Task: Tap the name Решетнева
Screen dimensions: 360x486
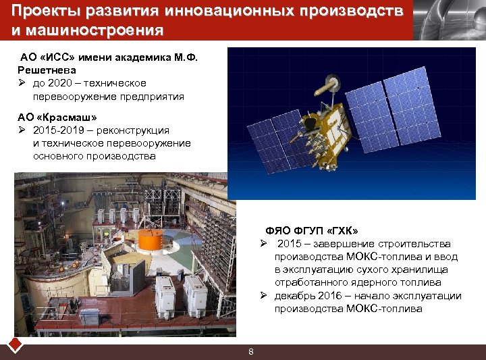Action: (47, 70)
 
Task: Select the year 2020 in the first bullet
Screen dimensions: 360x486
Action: (60, 83)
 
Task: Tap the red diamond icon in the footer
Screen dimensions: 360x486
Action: (16, 345)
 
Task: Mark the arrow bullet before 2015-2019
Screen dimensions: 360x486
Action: (22, 130)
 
